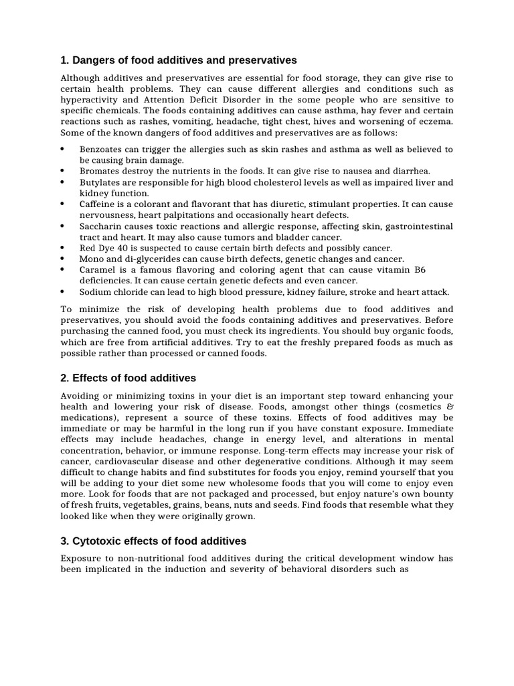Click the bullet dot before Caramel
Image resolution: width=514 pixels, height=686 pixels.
62,269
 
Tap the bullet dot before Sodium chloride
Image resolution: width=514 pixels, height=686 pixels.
62,291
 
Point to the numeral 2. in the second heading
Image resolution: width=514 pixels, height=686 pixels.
65,379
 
